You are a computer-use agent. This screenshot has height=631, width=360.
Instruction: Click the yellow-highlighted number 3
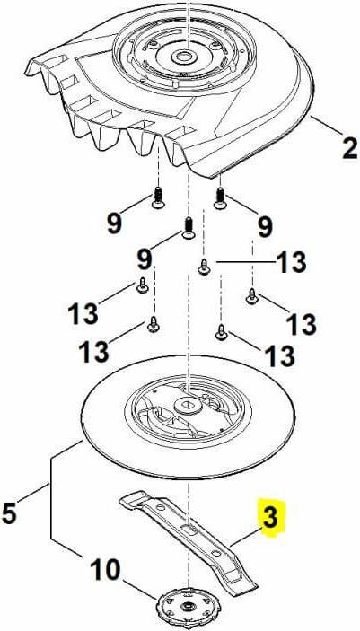270,518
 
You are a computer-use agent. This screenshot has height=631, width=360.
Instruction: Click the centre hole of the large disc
189,408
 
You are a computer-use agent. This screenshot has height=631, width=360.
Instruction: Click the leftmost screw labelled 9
158,198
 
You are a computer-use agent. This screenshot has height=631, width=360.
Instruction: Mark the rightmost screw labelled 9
220,197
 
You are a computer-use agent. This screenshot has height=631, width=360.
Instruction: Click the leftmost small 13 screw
142,287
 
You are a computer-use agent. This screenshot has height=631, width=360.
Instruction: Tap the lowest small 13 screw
222,334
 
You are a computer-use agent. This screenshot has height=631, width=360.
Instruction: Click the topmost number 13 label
289,263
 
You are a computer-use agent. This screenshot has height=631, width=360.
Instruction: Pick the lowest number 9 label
144,260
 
